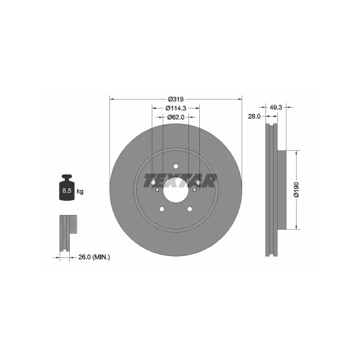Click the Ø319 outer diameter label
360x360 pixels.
click(176, 99)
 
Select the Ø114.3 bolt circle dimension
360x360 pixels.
click(175, 108)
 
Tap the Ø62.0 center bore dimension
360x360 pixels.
click(176, 117)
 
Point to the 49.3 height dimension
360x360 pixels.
click(276, 107)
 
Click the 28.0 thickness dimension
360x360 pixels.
click(254, 117)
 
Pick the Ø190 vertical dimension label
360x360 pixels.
click(297, 189)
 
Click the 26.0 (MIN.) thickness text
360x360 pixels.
click(94, 257)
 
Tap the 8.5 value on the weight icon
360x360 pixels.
click(67, 190)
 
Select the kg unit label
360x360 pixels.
click(80, 191)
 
